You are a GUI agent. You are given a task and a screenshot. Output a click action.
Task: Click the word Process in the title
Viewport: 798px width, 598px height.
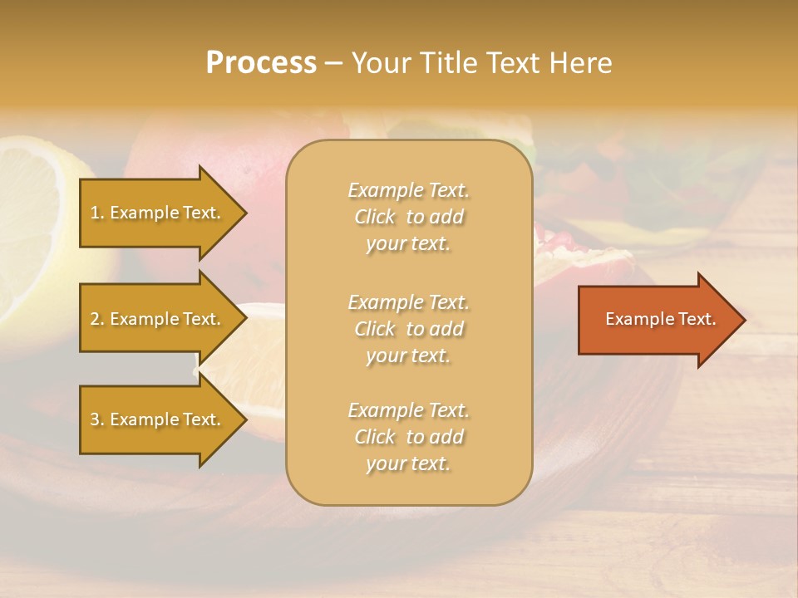[261, 63]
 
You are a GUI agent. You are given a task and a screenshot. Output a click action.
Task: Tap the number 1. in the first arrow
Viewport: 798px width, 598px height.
[97, 213]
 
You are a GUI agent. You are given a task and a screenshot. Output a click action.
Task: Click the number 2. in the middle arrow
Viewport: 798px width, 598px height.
[97, 319]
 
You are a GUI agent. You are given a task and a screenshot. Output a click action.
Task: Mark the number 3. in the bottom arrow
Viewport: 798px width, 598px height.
[97, 419]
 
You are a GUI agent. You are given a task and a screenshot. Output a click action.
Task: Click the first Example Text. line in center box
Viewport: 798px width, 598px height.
[408, 190]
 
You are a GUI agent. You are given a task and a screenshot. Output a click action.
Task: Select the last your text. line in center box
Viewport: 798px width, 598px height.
[408, 463]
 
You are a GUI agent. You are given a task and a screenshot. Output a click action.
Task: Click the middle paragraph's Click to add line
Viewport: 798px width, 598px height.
[408, 329]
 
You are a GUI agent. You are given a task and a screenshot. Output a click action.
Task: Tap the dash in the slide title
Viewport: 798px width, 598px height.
[333, 63]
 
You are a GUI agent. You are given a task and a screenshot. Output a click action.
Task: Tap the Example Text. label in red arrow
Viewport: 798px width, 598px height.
[661, 319]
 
